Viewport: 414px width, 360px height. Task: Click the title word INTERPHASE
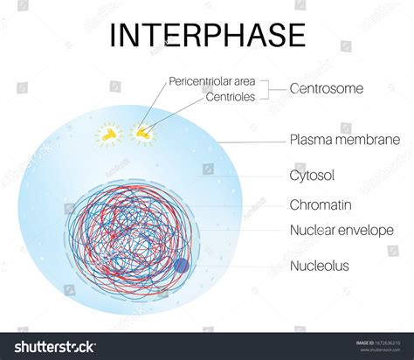coord(206,34)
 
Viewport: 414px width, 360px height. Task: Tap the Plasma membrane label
coord(344,140)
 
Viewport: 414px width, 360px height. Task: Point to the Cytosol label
coord(312,176)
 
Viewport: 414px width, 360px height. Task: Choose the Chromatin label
coord(321,205)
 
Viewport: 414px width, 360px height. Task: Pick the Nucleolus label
coord(319,265)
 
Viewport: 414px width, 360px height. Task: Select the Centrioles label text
coord(230,96)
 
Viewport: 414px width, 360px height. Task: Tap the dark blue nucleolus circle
coord(182,266)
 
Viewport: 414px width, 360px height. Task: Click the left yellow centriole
coord(108,135)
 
